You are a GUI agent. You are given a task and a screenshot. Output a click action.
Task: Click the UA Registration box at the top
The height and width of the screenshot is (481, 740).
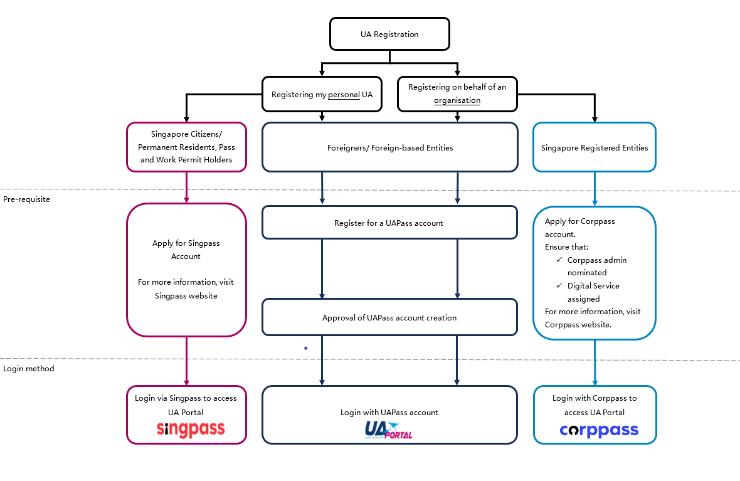coord(389,34)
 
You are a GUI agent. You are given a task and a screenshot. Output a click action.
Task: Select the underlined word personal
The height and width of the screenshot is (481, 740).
coord(344,95)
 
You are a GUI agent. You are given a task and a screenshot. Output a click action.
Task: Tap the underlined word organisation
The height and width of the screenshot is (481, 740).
coord(457,100)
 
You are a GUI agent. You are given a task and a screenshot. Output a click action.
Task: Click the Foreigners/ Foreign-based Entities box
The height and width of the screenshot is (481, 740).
coord(390,147)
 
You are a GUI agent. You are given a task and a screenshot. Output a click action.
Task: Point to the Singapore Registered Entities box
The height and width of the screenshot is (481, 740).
coord(594,147)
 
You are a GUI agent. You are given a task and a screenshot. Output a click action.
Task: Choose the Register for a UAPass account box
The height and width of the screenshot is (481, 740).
coord(390,223)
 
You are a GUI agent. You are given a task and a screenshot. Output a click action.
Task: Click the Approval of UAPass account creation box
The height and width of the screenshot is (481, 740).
coord(390,317)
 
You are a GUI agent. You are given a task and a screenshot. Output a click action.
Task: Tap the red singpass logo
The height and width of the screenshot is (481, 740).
coord(191,429)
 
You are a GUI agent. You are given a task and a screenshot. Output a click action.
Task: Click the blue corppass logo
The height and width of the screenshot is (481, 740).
coord(599,430)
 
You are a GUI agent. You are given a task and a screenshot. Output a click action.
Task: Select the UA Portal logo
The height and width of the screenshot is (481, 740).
coord(388,430)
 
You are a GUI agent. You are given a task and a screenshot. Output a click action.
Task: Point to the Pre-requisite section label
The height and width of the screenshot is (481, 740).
coord(26,199)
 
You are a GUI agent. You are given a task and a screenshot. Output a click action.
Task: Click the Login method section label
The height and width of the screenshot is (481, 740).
coord(29,369)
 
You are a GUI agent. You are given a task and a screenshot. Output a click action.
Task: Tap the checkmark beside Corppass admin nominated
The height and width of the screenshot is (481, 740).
coord(559,260)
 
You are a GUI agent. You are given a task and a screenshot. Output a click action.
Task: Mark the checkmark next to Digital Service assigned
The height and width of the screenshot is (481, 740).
coord(559,285)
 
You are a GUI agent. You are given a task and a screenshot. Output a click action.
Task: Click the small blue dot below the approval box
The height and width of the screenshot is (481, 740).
coord(306,348)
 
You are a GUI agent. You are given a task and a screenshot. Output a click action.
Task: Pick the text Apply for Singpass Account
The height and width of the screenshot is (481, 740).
coord(186,250)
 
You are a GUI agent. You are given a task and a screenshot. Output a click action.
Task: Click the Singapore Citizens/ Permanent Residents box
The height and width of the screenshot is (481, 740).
coord(186,147)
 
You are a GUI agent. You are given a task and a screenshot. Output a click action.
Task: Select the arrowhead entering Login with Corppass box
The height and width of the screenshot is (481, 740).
coord(595,383)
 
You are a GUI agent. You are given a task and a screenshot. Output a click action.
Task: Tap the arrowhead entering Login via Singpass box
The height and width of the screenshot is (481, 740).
coord(186,383)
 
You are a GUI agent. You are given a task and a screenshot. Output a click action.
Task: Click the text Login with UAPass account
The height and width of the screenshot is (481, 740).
coord(389,412)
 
